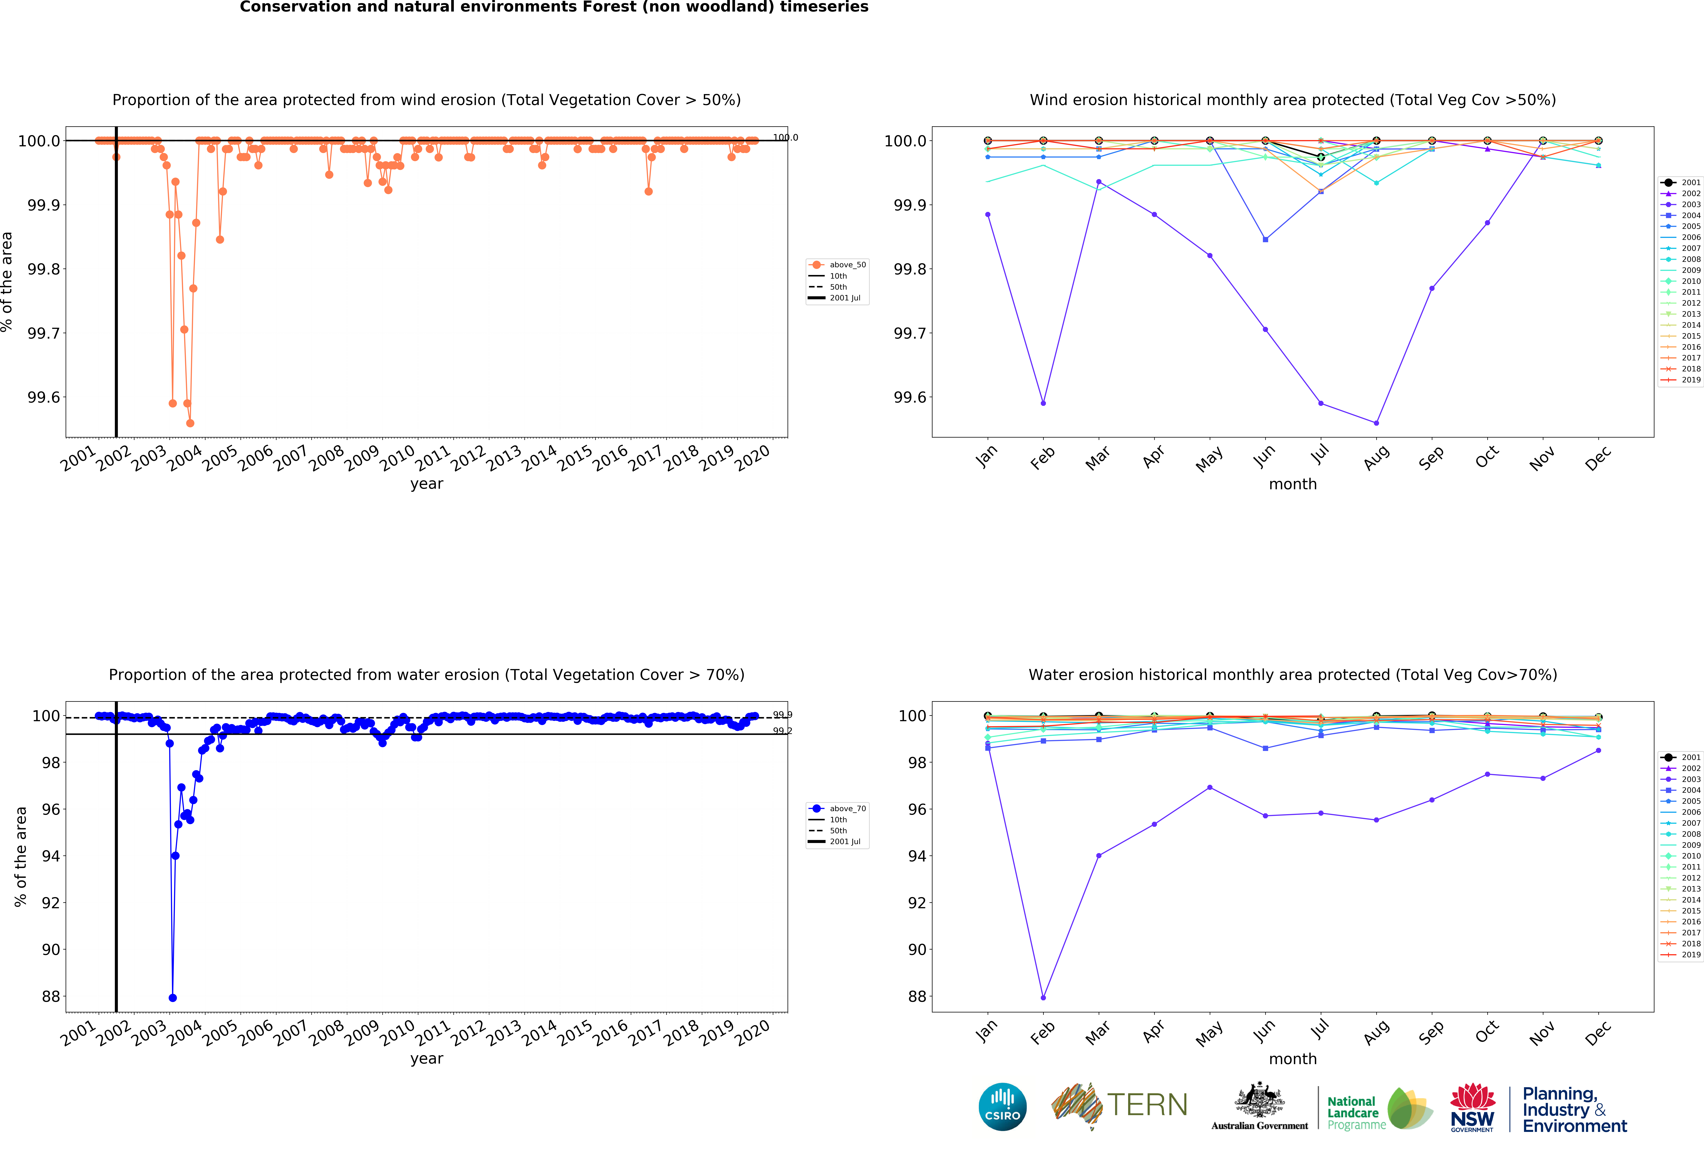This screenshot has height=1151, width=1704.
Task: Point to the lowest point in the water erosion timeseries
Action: (x=172, y=998)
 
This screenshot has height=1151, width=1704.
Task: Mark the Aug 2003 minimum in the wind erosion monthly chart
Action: (x=1376, y=423)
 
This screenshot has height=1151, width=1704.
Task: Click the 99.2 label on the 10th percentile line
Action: (x=782, y=731)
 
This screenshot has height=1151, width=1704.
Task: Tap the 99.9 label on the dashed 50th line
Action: (x=782, y=715)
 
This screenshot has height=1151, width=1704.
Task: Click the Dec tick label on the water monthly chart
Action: (x=1597, y=1032)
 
